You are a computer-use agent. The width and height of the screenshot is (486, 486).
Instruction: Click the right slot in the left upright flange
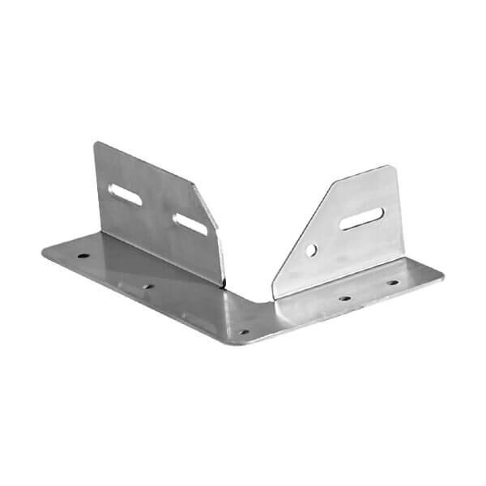190,224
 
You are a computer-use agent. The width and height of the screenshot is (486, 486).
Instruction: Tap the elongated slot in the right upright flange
361,218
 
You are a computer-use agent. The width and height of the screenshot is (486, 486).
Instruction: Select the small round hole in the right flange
312,250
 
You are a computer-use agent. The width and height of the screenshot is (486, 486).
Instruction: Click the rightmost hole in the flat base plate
392,283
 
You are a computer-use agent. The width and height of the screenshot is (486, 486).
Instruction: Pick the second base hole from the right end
345,297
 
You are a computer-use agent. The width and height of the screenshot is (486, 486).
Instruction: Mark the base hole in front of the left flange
147,285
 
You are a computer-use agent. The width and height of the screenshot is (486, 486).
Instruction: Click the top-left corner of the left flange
96,144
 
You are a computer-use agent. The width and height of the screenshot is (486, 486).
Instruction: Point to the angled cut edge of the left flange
209,211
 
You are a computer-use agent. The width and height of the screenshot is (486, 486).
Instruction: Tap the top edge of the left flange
146,163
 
